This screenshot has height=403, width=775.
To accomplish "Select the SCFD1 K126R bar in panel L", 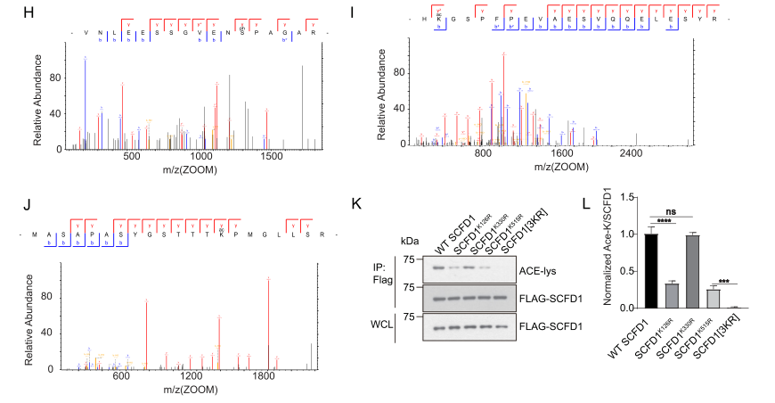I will tap(648, 295).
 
